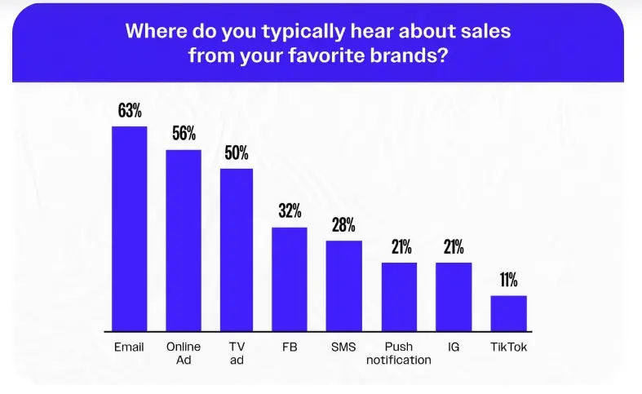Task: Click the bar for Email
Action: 129,228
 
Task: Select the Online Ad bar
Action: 184,240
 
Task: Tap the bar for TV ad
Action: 237,250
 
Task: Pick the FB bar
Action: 290,279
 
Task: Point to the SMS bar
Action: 343,286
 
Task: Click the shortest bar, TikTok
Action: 508,313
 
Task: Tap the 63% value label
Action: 129,111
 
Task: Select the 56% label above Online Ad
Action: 184,134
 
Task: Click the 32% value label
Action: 290,211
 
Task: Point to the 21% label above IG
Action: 454,246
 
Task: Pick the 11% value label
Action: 508,280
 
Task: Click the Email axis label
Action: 129,347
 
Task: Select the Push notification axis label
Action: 399,353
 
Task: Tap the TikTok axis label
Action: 508,347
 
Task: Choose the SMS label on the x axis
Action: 343,347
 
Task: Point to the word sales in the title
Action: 486,31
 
